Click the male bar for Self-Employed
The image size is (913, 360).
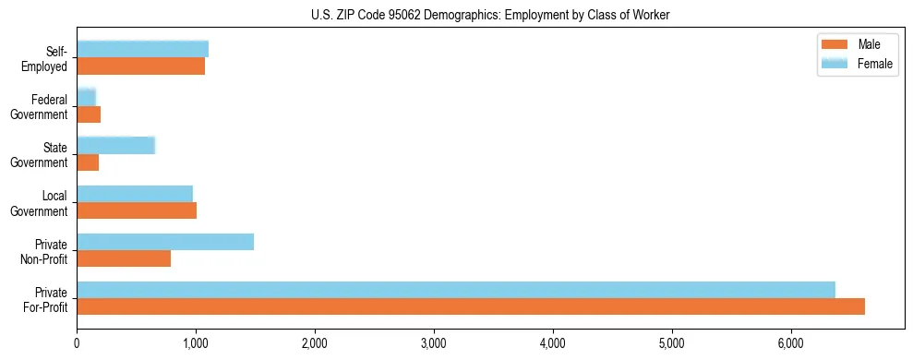[x=140, y=66]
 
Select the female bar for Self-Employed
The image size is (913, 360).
[x=142, y=49]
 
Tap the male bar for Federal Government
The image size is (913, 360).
[x=89, y=114]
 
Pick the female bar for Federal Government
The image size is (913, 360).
[x=86, y=97]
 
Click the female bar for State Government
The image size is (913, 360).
[x=115, y=145]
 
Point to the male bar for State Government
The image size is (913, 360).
[x=88, y=162]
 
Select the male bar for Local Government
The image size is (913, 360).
[x=137, y=210]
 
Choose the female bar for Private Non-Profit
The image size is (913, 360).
[x=165, y=241]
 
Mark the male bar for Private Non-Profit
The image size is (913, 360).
[x=124, y=258]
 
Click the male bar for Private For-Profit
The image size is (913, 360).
[x=471, y=306]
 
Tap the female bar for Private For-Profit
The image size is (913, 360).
[x=456, y=289]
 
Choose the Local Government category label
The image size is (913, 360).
[x=41, y=203]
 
